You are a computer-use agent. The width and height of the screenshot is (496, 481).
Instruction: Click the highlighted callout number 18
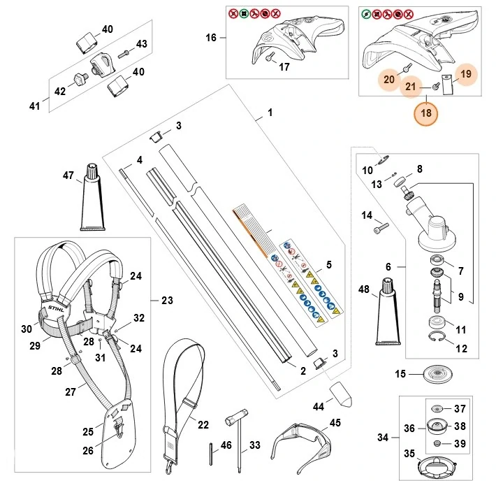tap(426, 113)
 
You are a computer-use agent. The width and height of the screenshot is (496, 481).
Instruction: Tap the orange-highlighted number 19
tap(466, 74)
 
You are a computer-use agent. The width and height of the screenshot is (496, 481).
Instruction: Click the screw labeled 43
tap(123, 55)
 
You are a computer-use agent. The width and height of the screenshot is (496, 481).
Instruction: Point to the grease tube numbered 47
tap(93, 198)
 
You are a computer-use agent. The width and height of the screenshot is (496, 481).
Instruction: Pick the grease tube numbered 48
tap(388, 312)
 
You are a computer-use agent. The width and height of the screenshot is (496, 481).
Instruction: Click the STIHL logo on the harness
tap(56, 308)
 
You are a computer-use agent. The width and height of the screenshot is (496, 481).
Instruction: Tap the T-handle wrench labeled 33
tap(238, 437)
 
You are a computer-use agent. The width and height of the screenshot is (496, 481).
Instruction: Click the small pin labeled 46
tap(211, 454)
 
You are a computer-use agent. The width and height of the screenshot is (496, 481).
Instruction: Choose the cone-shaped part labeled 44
tap(341, 394)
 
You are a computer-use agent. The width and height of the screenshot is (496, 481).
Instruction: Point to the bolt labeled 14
tap(381, 228)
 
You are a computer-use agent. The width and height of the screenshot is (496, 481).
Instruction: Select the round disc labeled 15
tap(438, 373)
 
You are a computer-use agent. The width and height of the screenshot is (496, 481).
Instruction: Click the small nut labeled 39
tap(437, 443)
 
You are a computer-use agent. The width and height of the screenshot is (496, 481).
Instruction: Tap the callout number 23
tap(168, 300)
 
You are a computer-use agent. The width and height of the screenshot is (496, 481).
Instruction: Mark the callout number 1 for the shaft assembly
tap(270, 113)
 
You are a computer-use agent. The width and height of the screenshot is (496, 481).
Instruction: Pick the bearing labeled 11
tap(437, 323)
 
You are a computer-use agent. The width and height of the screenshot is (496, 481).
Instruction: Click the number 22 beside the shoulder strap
tap(203, 424)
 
